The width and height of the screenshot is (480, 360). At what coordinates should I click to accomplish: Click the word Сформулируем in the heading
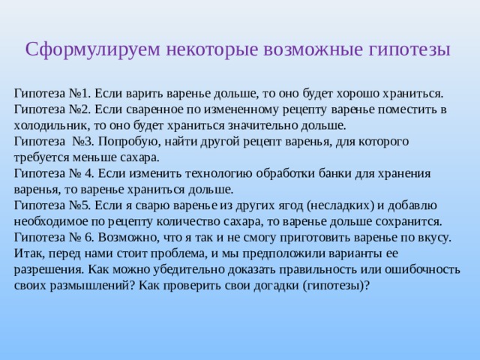pos(93,49)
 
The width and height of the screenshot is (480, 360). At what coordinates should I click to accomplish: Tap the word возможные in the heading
pos(313,49)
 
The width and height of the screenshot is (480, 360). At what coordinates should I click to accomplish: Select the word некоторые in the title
pos(211,49)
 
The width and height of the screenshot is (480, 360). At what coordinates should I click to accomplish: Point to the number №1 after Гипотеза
pos(80,93)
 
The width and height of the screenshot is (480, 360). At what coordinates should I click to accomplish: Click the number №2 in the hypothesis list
pos(80,109)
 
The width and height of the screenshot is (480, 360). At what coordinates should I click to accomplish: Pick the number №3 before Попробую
pos(83,142)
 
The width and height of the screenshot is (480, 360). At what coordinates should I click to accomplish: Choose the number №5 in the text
pos(80,205)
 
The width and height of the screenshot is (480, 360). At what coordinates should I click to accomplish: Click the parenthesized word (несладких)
pos(340,205)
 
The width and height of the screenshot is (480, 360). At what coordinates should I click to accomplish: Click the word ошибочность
pos(422,270)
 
